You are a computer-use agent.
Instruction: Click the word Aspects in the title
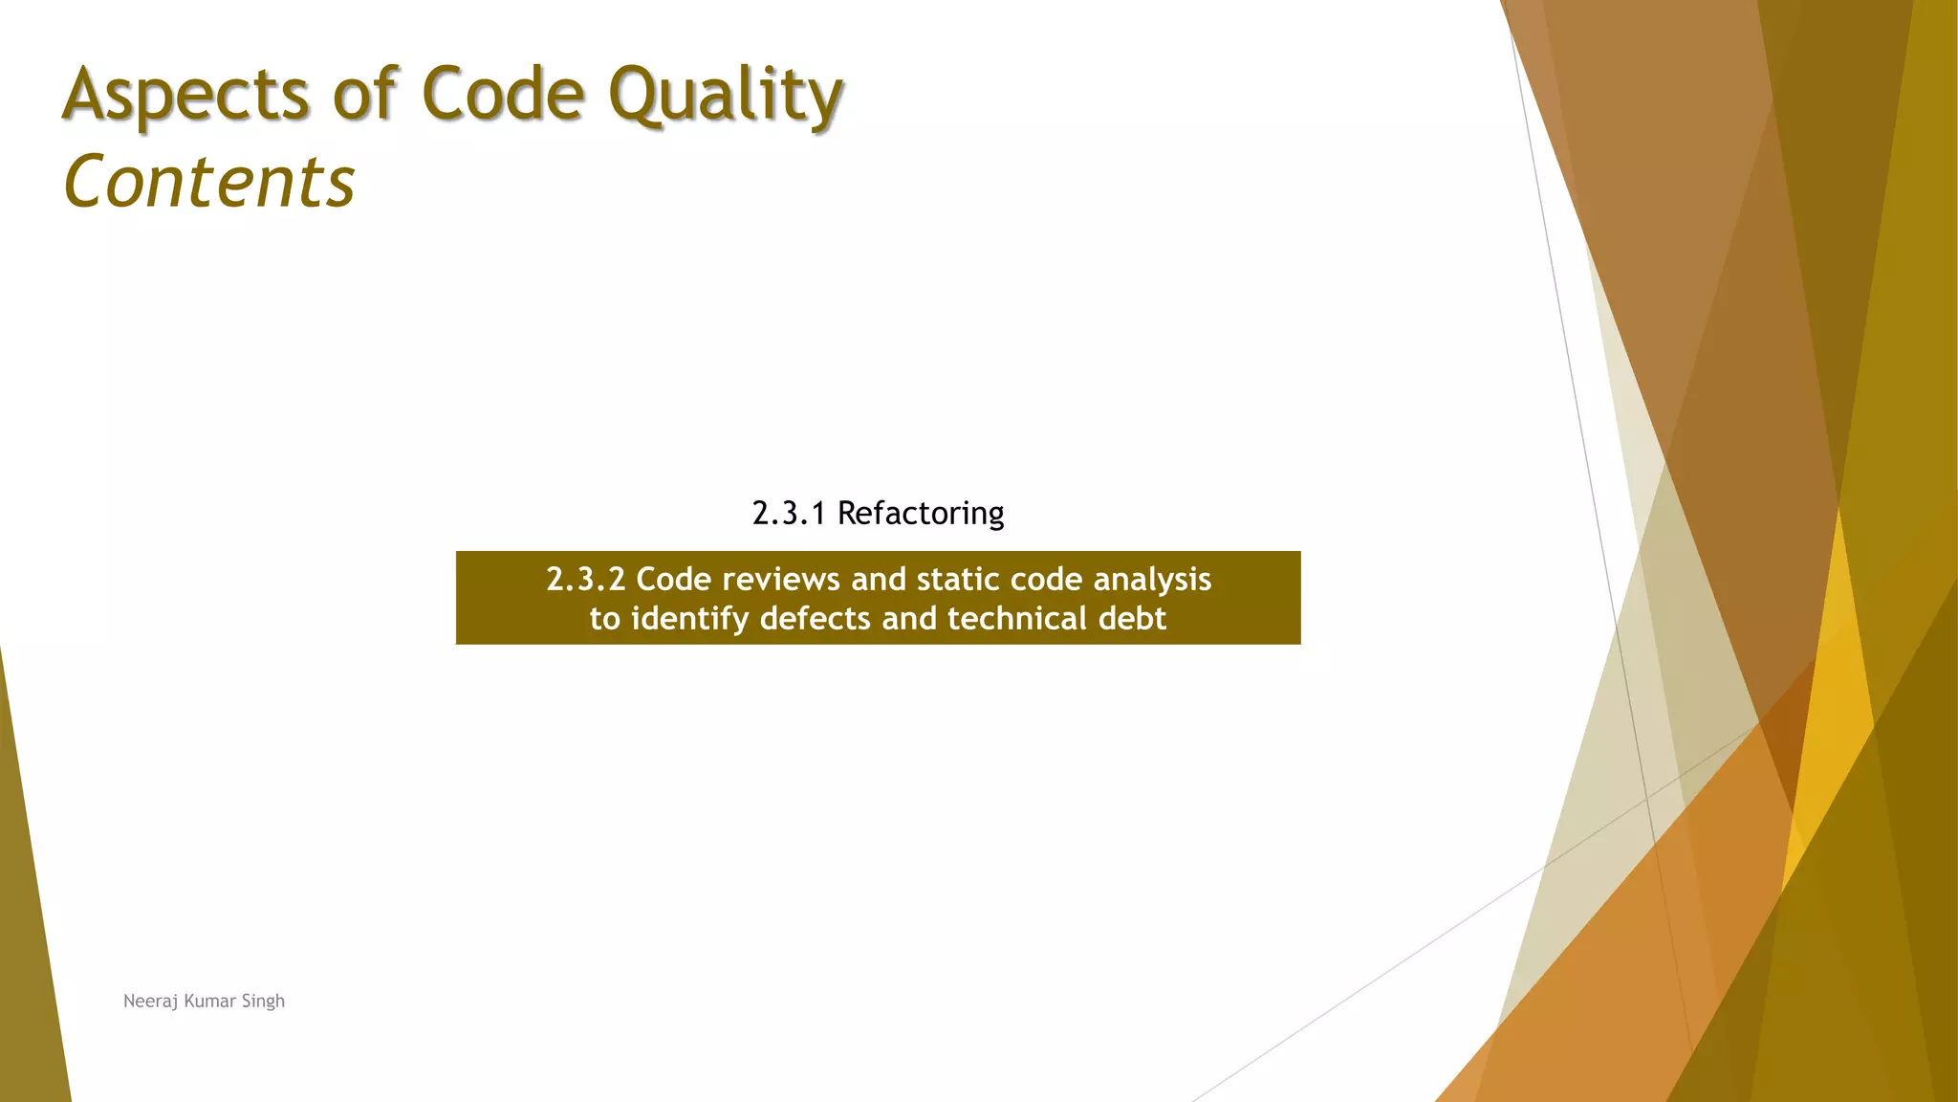coord(185,96)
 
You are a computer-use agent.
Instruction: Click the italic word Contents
coord(209,182)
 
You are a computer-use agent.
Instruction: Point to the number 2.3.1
coord(789,514)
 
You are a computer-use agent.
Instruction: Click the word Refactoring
coord(921,514)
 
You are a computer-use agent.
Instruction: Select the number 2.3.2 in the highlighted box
coord(585,580)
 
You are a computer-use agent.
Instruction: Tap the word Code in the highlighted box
coord(673,580)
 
